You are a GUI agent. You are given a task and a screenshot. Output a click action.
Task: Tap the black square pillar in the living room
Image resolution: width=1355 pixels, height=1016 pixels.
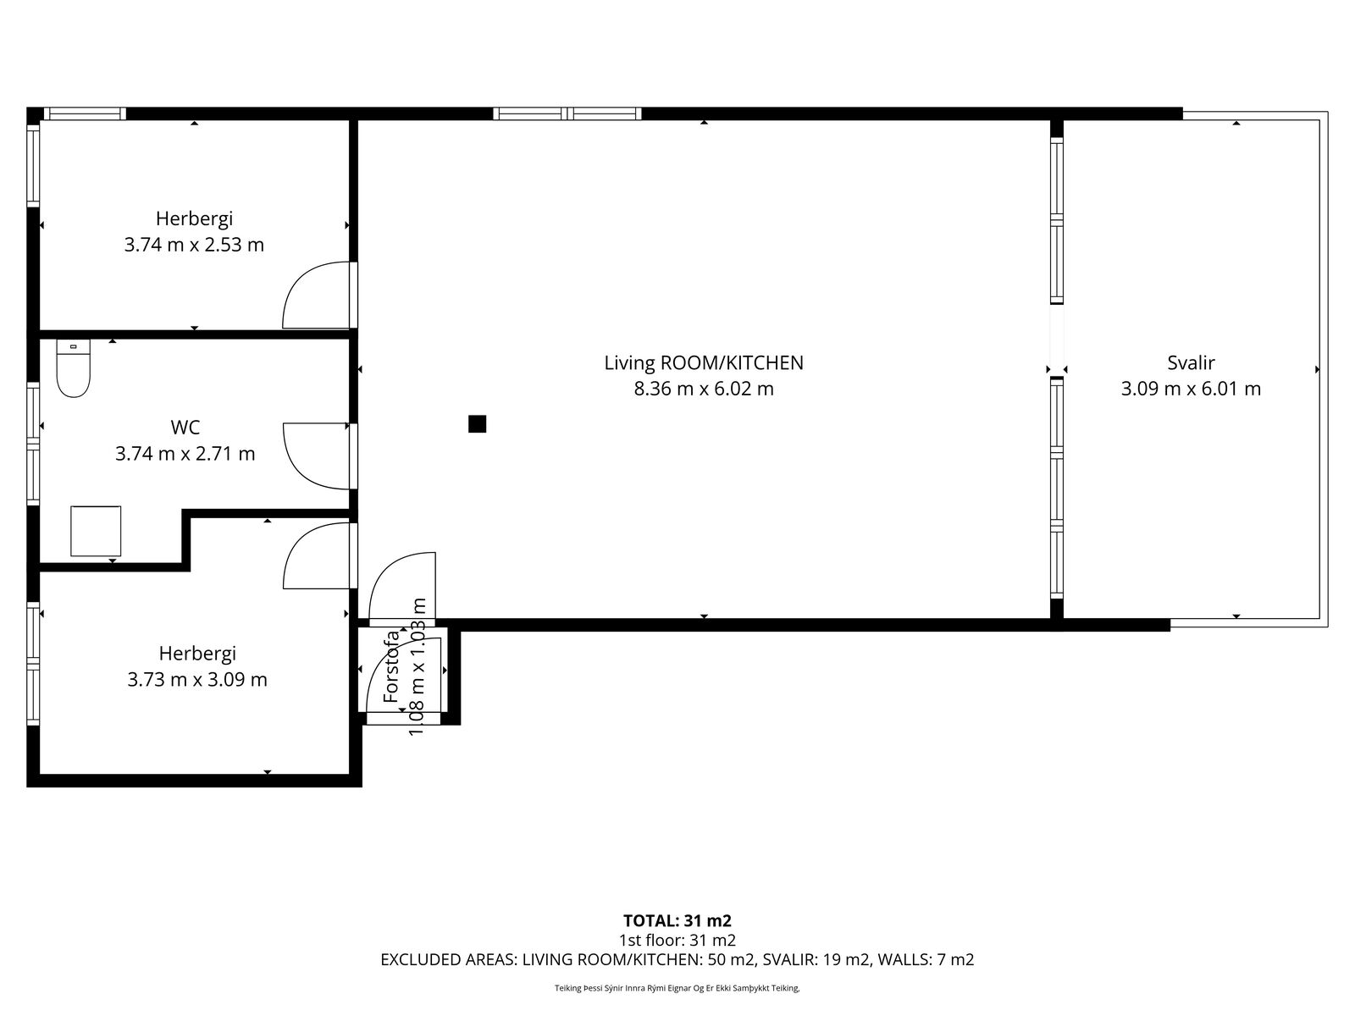(477, 424)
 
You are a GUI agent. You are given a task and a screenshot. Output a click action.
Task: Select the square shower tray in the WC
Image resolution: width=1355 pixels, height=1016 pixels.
(96, 531)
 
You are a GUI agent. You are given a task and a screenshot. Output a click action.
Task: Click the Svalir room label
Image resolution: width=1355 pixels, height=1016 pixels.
(1191, 362)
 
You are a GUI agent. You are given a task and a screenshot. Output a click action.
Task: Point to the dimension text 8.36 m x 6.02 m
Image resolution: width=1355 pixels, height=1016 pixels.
(704, 389)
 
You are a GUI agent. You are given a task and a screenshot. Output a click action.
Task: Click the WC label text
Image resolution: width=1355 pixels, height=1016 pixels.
(185, 427)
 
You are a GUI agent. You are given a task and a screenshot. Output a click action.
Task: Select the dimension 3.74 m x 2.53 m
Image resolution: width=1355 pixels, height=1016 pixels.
(195, 245)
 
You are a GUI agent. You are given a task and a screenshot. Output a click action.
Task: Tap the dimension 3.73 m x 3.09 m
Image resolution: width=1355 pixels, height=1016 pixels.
(197, 680)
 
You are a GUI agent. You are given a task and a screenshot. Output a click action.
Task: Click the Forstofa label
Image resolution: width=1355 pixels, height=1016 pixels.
(391, 667)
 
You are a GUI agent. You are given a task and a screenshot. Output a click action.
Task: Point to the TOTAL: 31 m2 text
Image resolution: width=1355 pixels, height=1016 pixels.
(677, 921)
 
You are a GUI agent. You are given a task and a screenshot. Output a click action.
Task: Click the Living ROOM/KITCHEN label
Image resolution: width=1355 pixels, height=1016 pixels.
(704, 362)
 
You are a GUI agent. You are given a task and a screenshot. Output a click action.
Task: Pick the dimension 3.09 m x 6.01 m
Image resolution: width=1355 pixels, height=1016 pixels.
(1191, 389)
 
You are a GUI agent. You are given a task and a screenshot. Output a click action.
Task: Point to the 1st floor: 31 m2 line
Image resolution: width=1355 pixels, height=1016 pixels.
(677, 941)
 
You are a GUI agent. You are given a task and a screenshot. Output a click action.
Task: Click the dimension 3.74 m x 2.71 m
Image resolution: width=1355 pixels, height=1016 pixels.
(185, 454)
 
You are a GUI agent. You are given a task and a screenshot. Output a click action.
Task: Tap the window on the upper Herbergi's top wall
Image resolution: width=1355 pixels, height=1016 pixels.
(85, 113)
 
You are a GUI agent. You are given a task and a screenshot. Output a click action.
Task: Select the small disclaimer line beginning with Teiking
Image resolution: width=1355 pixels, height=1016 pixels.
(677, 988)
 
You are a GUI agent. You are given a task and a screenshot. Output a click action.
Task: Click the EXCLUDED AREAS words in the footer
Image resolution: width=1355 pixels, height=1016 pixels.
(448, 960)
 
